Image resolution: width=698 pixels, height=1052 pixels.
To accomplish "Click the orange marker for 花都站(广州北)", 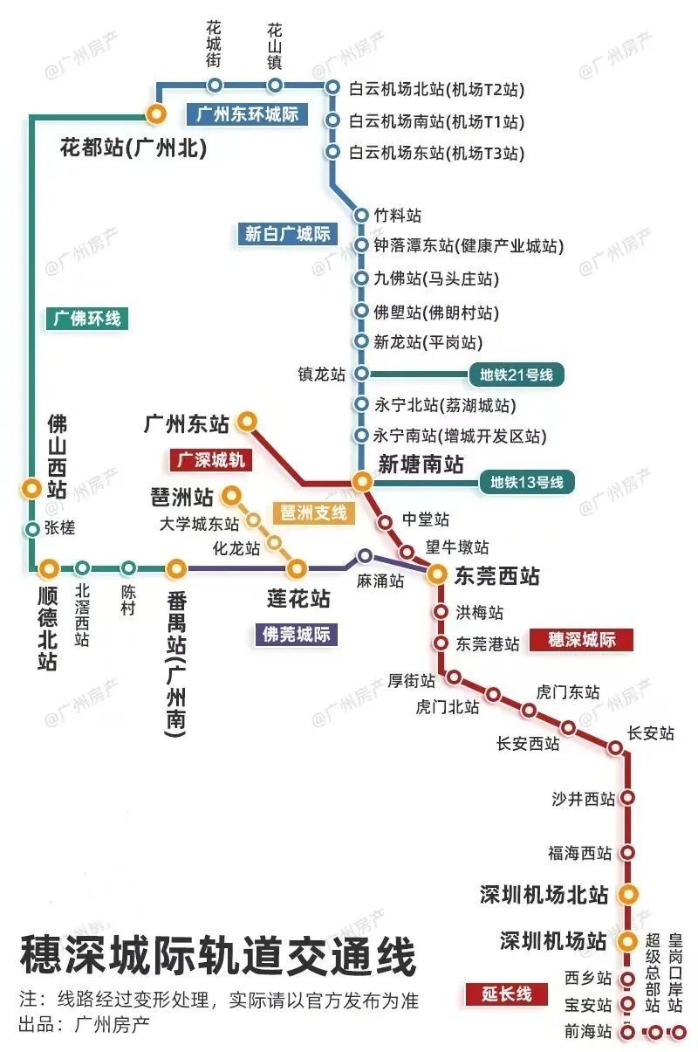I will coord(156,113).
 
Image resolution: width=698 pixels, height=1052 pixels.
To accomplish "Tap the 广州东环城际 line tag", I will coord(247,113).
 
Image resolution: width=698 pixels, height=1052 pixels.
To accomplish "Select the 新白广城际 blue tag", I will coord(287,233).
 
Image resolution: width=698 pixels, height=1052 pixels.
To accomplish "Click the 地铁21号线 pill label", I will coord(517,375).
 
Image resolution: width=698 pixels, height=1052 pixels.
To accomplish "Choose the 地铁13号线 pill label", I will coord(526,481).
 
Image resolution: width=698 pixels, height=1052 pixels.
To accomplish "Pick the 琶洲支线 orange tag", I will coord(313,512).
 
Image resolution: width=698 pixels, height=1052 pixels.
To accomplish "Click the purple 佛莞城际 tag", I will coord(297,634).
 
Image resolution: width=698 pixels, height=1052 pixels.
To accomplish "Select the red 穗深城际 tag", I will coord(581,640).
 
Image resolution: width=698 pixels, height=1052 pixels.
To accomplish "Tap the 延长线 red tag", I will coord(506,994).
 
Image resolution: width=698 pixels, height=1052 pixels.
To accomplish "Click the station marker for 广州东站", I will coord(247,423).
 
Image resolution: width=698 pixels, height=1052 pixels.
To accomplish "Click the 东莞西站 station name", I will coord(496,576).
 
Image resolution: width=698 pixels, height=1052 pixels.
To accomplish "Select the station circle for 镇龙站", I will coord(362,375).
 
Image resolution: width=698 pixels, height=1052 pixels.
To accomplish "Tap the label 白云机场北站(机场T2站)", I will coord(436,89).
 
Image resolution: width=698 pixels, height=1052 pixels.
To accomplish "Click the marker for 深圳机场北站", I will coord(626,894).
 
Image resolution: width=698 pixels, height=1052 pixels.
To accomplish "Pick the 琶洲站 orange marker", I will coord(231,497).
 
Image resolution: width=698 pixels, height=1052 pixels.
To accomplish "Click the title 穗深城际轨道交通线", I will coord(218,957).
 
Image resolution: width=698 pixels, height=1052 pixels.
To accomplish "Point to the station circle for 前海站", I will coord(626,1032).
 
